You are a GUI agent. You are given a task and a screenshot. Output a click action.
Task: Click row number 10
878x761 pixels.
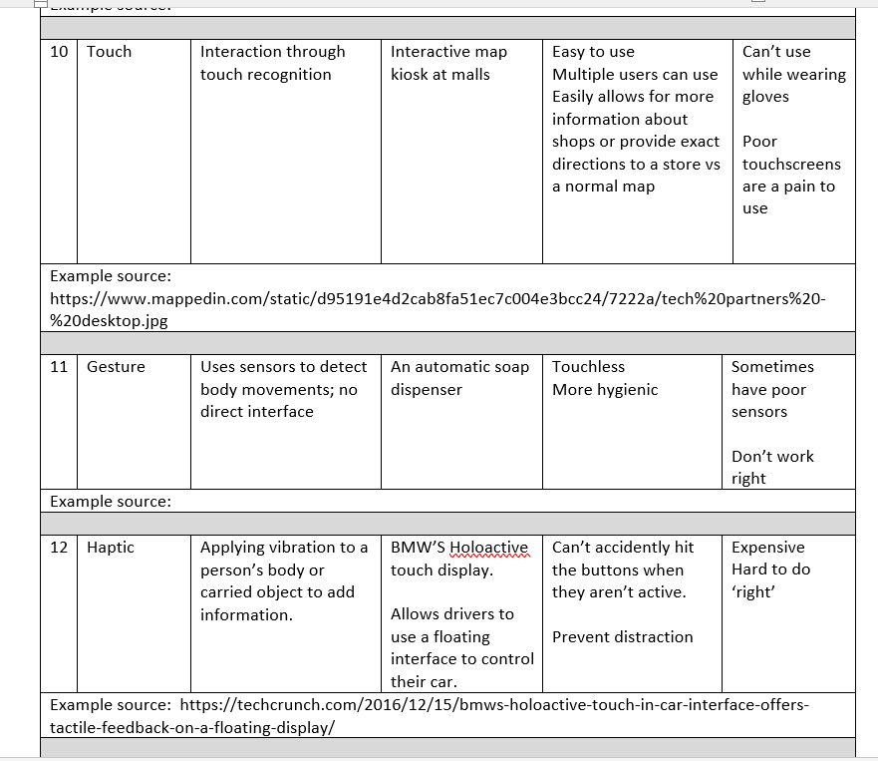[x=59, y=52]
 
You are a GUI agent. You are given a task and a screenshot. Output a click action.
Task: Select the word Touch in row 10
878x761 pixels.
[x=109, y=52]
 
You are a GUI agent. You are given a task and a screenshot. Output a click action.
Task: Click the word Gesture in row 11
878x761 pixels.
[x=116, y=367]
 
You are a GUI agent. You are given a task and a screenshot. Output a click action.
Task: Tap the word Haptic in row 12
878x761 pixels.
[x=111, y=548]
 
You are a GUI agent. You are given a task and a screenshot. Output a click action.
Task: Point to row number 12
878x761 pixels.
[x=59, y=548]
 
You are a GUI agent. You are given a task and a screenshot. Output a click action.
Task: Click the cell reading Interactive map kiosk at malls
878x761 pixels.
[x=448, y=63]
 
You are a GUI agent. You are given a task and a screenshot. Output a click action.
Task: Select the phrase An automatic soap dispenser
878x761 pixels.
[x=459, y=378]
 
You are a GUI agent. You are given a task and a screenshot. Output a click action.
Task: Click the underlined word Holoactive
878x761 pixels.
[x=488, y=548]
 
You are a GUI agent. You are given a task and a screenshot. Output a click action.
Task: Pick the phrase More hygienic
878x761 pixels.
[x=605, y=390]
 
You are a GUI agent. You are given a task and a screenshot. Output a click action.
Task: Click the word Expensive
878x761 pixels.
[x=767, y=548]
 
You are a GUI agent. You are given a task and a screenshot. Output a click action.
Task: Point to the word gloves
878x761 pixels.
[x=765, y=97]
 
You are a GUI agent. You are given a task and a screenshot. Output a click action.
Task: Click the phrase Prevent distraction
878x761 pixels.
[x=622, y=637]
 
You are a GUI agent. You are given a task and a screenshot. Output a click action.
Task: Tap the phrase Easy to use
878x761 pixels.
[x=593, y=52]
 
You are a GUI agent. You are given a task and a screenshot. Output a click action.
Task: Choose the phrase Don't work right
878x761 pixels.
[x=772, y=467]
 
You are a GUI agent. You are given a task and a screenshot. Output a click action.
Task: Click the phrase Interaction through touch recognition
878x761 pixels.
[x=272, y=63]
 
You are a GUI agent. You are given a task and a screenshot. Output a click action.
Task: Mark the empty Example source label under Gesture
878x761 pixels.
[x=111, y=502]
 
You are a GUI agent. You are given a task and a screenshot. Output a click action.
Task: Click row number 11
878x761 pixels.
[x=59, y=367]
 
